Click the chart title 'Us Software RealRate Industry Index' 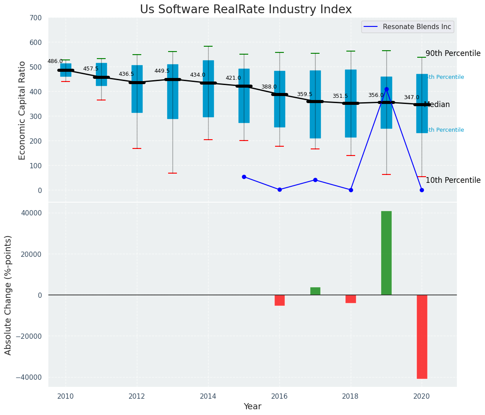(246, 10)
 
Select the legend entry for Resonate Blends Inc (416, 27)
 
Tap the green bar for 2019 (386, 253)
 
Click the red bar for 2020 (422, 337)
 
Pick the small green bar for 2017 (315, 291)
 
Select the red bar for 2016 (279, 300)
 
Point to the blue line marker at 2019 (386, 89)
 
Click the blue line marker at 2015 (244, 177)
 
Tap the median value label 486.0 (55, 62)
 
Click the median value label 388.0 (269, 87)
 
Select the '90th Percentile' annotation (453, 53)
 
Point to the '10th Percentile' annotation (453, 181)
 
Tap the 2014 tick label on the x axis (208, 396)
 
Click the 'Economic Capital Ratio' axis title (22, 110)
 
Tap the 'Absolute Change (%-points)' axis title (8, 295)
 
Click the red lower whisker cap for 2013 (173, 173)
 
